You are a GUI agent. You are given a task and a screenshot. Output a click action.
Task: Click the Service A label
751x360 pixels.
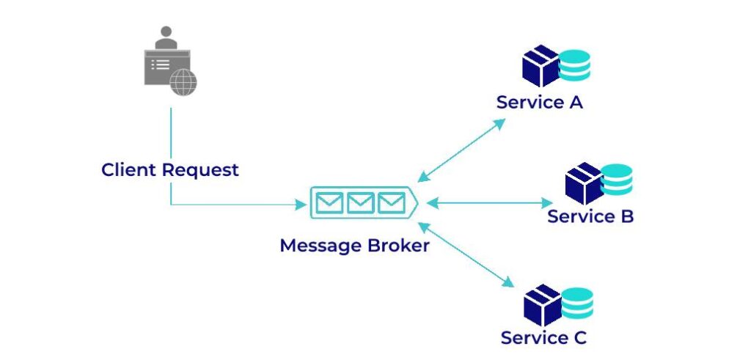pyautogui.click(x=539, y=103)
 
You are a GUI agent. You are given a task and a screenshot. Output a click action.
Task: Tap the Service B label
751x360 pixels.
pyautogui.click(x=590, y=216)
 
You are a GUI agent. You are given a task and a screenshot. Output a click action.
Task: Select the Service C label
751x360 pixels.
pyautogui.click(x=543, y=338)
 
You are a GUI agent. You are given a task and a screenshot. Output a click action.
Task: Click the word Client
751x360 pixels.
pyautogui.click(x=129, y=170)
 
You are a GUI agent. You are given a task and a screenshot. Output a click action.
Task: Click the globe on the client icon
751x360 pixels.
pyautogui.click(x=183, y=82)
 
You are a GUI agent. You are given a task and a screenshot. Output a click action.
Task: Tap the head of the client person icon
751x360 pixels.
pyautogui.click(x=167, y=34)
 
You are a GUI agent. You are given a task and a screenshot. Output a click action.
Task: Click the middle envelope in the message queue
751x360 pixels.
pyautogui.click(x=361, y=203)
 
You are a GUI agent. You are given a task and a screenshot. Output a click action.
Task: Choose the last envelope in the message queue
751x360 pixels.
pyautogui.click(x=392, y=203)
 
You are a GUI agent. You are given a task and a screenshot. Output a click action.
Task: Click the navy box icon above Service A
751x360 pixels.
pyautogui.click(x=541, y=66)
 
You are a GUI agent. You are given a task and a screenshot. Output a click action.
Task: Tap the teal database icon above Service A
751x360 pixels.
pyautogui.click(x=574, y=65)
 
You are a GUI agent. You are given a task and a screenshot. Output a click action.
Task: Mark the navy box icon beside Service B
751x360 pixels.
pyautogui.click(x=584, y=183)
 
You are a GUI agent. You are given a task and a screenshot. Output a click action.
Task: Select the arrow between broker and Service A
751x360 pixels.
pyautogui.click(x=461, y=150)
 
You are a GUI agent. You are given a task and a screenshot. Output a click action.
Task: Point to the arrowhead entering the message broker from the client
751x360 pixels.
pyautogui.click(x=301, y=205)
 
